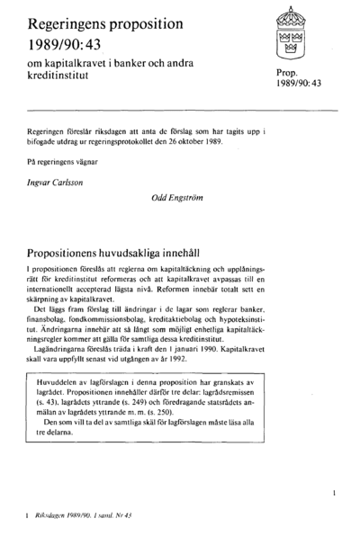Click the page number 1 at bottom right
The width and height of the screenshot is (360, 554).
click(x=334, y=493)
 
